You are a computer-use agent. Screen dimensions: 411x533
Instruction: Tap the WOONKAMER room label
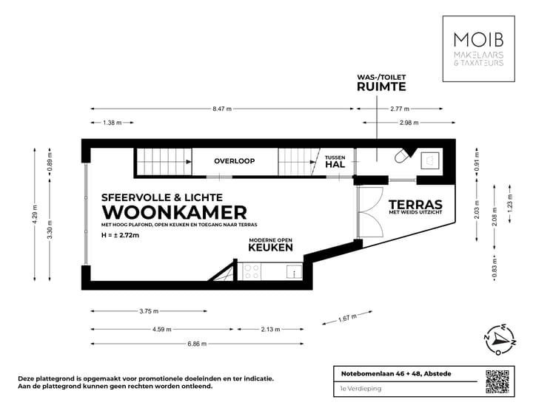click(x=169, y=213)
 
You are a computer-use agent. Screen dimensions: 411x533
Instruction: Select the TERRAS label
click(x=415, y=205)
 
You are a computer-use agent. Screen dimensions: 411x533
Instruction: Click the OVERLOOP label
click(x=234, y=160)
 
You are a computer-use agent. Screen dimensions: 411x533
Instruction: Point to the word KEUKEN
click(x=269, y=250)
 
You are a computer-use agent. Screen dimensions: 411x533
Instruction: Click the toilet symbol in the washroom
click(x=403, y=157)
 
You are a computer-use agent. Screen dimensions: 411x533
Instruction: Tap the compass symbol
click(x=500, y=339)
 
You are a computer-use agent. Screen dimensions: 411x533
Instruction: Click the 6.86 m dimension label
click(x=197, y=344)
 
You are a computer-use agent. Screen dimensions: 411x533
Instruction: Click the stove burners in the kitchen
click(x=250, y=272)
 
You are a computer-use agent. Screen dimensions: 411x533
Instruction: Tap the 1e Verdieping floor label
click(x=351, y=389)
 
